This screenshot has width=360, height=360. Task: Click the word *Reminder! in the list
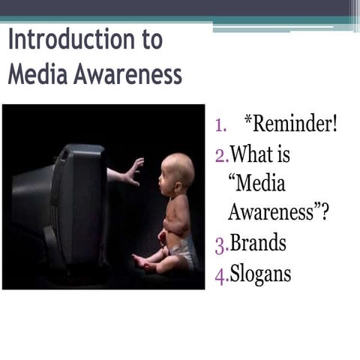[291, 124]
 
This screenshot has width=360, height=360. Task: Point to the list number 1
[220, 125]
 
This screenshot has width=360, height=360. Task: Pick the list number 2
[220, 156]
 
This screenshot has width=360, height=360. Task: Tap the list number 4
[220, 276]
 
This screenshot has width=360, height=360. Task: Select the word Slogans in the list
[261, 275]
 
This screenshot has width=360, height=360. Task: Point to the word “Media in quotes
[256, 184]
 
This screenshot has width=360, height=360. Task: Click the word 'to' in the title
[148, 40]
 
